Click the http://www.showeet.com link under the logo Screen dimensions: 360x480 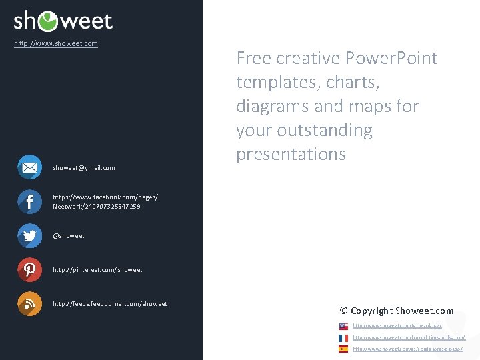click(56, 44)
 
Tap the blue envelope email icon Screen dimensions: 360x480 click(29, 167)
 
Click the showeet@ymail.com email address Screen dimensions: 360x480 click(84, 168)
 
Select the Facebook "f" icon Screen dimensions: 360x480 click(29, 201)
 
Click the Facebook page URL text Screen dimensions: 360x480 click(105, 202)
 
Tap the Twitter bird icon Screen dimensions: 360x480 click(29, 235)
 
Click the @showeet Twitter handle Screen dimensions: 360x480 click(69, 236)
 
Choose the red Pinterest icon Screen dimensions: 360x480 click(29, 269)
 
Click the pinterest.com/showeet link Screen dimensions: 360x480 click(97, 270)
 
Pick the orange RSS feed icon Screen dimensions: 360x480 click(29, 303)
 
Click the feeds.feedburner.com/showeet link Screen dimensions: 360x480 click(110, 304)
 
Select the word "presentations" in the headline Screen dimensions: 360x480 click(291, 154)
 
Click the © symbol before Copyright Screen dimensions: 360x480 click(344, 311)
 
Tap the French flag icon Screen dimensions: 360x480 click(343, 338)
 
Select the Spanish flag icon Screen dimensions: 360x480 click(343, 349)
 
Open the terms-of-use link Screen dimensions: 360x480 click(397, 326)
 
